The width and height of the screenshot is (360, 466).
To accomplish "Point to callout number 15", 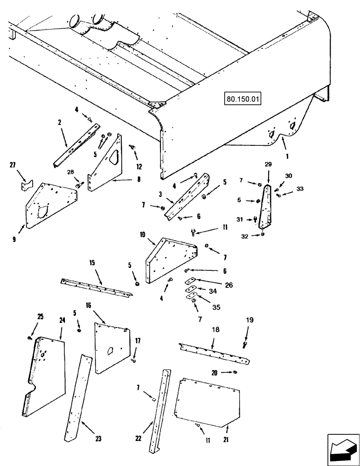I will [92, 264].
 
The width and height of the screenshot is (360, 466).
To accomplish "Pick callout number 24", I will [62, 321].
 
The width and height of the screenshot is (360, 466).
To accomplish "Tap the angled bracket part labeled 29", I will [267, 207].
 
